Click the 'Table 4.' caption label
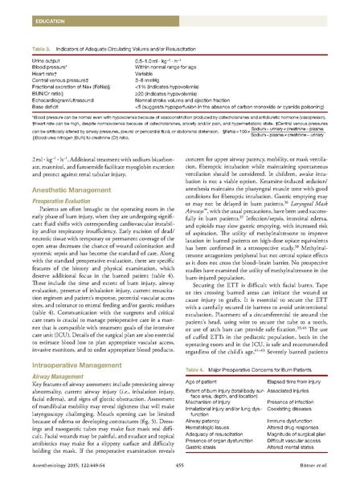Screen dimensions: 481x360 pyautogui.click(x=197, y=366)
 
